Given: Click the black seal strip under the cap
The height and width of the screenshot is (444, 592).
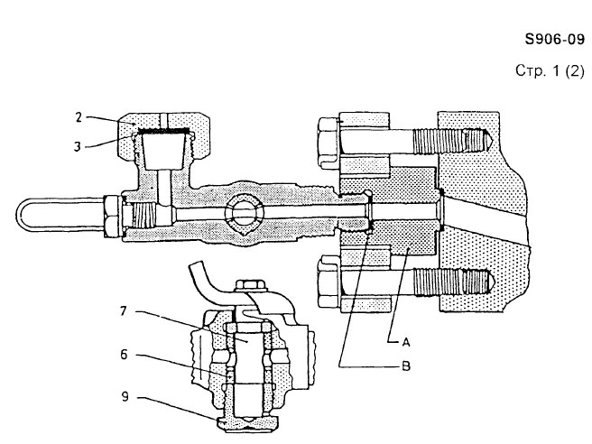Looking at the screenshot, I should click(x=163, y=133).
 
